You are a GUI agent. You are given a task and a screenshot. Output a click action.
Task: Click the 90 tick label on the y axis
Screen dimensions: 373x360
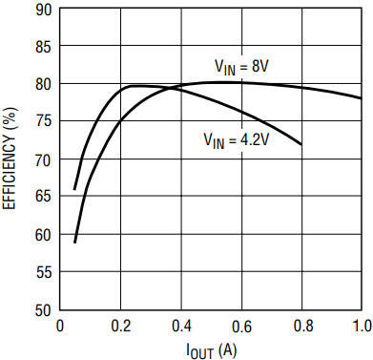click(44, 10)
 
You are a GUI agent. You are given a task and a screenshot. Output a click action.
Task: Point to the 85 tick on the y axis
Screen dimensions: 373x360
click(44, 48)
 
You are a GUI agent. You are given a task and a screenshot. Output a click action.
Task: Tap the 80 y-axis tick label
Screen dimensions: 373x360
click(44, 85)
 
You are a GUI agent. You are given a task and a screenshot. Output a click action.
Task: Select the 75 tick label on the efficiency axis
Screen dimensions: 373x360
click(44, 122)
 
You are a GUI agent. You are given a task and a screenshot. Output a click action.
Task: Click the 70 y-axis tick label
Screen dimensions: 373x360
click(44, 160)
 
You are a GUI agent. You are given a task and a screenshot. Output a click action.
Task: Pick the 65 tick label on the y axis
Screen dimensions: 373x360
click(44, 197)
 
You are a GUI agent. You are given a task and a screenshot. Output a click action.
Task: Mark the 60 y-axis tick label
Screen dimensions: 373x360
click(44, 235)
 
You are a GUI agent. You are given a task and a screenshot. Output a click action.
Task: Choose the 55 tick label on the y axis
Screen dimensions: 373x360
click(44, 273)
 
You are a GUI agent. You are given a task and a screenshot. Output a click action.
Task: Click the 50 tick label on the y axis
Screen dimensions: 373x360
click(44, 310)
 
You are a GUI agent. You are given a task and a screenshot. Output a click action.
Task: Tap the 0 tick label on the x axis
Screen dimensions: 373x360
click(60, 326)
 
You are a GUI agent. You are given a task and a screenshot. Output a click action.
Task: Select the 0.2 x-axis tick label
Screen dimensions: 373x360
click(121, 326)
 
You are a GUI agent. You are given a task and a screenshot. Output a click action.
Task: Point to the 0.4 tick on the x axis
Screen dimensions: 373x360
click(181, 326)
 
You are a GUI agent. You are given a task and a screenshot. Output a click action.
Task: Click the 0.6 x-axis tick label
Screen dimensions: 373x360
click(241, 326)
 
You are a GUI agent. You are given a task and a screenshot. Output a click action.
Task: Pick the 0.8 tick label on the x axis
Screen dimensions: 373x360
click(302, 326)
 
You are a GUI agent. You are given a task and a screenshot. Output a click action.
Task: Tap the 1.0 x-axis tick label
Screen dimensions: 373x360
click(362, 326)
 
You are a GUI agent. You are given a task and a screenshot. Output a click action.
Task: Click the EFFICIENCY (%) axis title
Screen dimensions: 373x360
click(10, 159)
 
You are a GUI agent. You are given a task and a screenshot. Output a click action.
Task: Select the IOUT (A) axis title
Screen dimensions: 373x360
click(212, 350)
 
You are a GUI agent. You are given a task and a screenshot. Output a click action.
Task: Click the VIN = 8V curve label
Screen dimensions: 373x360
click(241, 67)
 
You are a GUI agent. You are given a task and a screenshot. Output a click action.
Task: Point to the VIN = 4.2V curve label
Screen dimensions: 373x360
click(237, 140)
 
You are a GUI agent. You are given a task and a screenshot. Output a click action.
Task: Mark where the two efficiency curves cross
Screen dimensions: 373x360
click(172, 87)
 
